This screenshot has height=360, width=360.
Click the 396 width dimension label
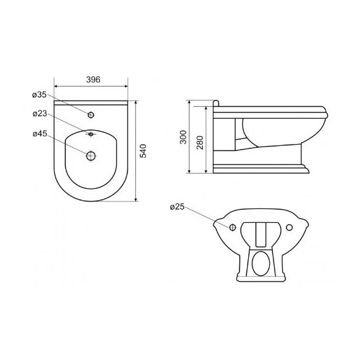93,80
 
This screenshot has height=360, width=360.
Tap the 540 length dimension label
143,151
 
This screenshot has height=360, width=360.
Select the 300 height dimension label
183,137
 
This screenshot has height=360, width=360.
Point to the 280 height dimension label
200,143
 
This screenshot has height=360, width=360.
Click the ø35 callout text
39,95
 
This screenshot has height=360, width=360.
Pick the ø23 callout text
40,114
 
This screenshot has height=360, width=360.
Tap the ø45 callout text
40,134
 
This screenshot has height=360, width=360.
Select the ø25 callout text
177,207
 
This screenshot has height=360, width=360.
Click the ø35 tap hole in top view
91,115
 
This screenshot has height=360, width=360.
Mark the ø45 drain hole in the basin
91,156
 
